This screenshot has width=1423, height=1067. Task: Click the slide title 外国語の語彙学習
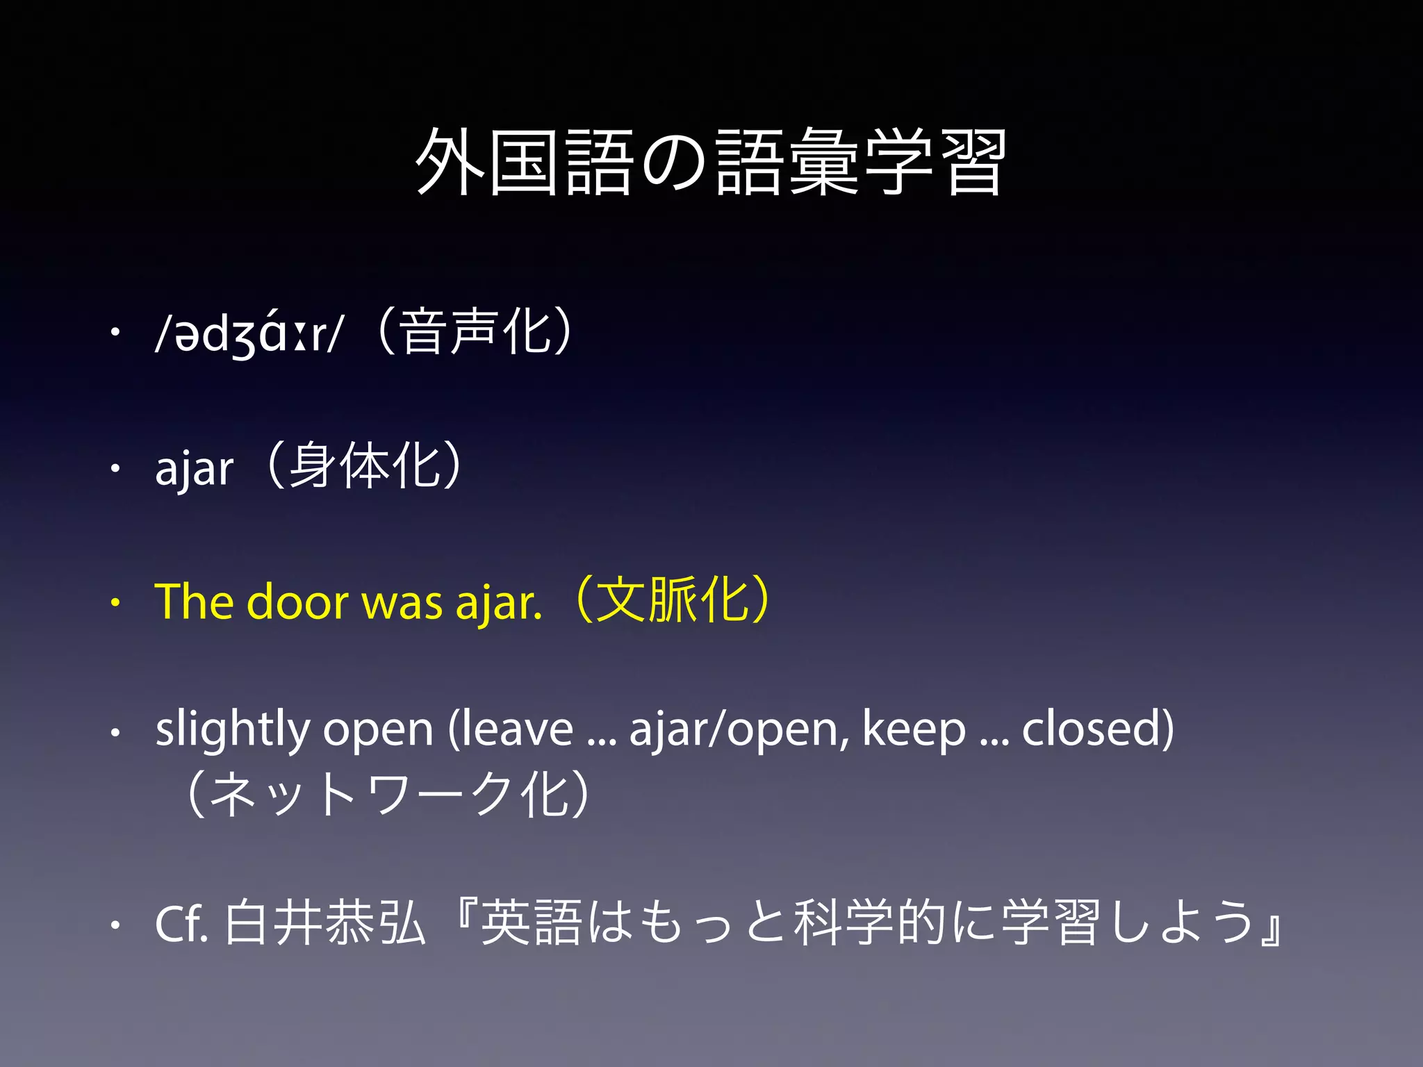point(710,163)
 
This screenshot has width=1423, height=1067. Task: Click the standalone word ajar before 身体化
point(194,469)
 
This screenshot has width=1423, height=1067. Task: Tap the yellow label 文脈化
point(672,599)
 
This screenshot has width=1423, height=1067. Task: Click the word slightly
point(233,730)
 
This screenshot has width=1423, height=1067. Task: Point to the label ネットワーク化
point(389,794)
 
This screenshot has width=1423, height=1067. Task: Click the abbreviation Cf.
point(181,923)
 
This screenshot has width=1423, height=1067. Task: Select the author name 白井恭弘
point(324,923)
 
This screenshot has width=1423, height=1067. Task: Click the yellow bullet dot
point(115,603)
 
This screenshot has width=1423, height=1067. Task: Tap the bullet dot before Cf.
point(115,925)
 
